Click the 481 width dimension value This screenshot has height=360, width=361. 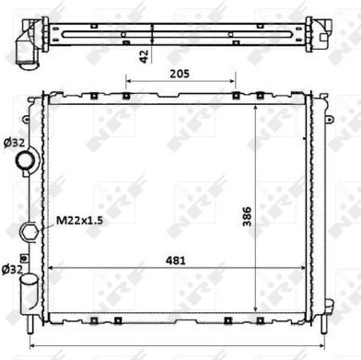tap(176, 261)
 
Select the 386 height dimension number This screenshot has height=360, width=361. tap(247, 216)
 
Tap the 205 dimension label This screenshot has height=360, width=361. tap(180, 74)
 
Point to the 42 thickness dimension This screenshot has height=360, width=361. tap(144, 56)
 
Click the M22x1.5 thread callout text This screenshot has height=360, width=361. tap(79, 220)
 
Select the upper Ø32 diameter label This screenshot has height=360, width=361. tap(13, 143)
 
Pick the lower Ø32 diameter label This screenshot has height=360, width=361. tap(12, 269)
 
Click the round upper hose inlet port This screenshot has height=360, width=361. tap(26, 161)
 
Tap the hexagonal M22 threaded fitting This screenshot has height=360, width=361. tap(29, 230)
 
